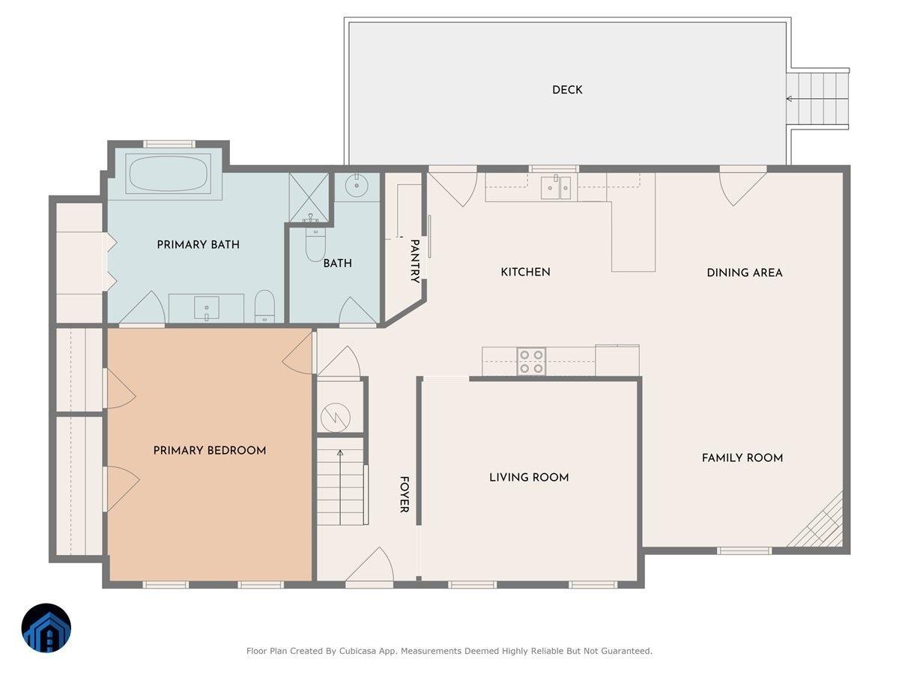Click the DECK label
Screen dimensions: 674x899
tap(567, 90)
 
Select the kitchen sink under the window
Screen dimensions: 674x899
tap(556, 187)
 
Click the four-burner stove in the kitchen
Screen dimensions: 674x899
tap(532, 362)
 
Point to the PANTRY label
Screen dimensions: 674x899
tap(415, 261)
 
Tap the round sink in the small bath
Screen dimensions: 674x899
tap(357, 185)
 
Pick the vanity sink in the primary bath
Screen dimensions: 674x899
tap(207, 307)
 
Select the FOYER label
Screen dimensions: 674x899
tap(404, 494)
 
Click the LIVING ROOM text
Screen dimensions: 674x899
tap(529, 477)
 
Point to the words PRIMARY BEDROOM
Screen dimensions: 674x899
tap(210, 450)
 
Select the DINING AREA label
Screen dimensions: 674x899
tap(745, 273)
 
